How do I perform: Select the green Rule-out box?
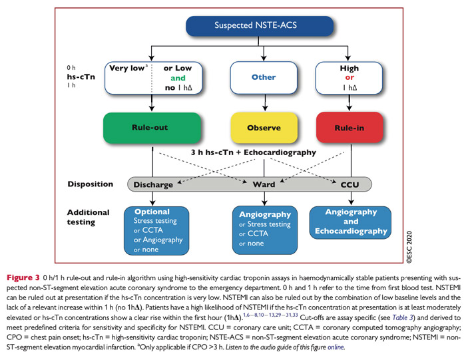[x=152, y=128]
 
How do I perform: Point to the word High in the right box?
[x=349, y=68]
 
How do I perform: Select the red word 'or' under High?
[x=349, y=78]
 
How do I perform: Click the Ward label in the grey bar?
[x=265, y=184]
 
